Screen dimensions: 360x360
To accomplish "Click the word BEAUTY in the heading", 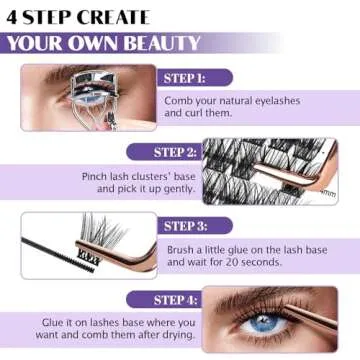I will pos(157,43).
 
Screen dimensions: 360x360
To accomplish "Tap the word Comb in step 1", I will pos(181,100).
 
